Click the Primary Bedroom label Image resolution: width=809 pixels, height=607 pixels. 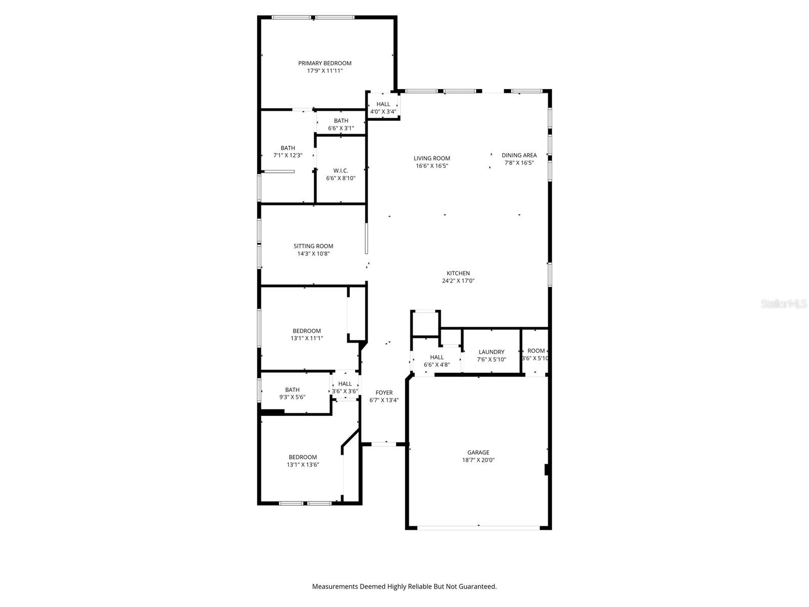(325, 63)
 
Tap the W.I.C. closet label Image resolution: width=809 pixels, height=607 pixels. (340, 170)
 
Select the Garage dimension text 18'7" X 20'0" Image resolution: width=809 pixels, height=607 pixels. (478, 460)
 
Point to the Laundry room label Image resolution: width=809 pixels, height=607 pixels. (491, 352)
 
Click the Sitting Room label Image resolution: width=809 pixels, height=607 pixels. (313, 246)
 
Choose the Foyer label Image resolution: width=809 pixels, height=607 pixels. (384, 393)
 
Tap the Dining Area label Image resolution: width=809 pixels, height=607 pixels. (519, 155)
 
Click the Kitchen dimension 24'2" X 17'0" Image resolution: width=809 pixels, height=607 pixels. (458, 281)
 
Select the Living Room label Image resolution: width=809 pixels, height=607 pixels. (432, 158)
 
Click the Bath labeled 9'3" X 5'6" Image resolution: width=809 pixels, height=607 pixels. (292, 390)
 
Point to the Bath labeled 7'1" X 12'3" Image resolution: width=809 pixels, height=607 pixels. (288, 148)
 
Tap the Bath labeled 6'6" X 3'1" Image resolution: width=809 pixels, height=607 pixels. (341, 121)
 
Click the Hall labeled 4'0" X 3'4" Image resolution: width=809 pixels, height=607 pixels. (383, 104)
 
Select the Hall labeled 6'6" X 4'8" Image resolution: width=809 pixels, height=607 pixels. (437, 357)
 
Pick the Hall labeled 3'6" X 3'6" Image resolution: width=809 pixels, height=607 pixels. (345, 384)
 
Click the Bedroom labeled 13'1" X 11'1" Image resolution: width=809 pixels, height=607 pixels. (306, 331)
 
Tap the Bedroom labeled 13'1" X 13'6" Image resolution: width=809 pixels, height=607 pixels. (302, 457)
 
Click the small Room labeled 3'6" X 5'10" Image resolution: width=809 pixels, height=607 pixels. (536, 351)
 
